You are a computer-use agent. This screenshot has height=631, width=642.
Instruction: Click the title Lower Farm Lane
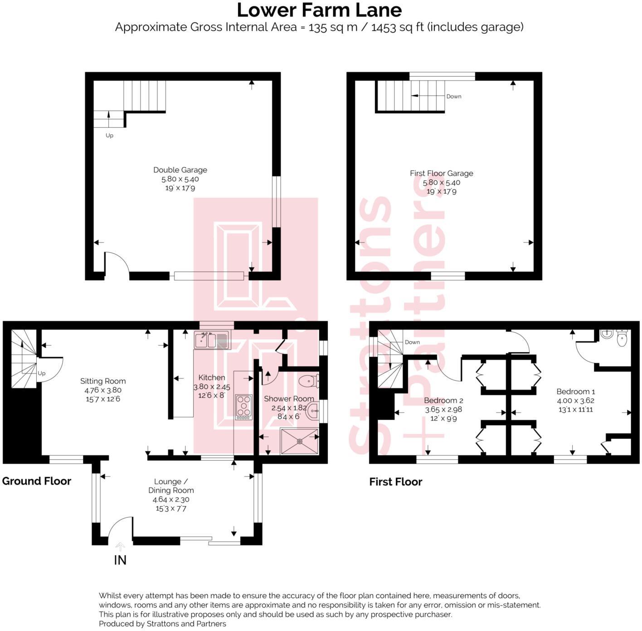point(319,10)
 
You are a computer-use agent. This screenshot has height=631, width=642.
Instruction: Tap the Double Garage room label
point(180,170)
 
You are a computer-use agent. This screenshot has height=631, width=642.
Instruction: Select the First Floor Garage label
point(441,173)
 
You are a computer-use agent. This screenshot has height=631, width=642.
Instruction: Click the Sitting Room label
point(103,381)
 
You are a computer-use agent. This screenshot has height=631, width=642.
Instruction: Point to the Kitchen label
point(212,378)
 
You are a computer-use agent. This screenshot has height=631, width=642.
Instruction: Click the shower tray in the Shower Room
point(299,441)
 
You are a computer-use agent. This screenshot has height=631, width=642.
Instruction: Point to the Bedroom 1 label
point(575,392)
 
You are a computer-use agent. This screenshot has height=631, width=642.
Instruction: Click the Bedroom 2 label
point(443,401)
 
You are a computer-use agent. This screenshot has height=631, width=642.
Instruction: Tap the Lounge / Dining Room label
point(171,486)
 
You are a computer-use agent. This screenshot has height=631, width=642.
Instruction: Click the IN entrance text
point(120,560)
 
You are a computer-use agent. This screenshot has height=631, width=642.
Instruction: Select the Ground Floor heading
point(37,481)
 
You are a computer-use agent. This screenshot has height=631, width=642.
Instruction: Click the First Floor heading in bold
point(395,482)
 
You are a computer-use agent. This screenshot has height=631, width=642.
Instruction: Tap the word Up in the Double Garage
point(109,136)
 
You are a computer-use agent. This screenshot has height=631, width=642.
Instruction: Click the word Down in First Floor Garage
point(454,97)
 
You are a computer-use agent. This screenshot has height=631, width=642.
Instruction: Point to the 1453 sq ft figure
point(397,27)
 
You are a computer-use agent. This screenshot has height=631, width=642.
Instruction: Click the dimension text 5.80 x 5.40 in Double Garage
point(180,179)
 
